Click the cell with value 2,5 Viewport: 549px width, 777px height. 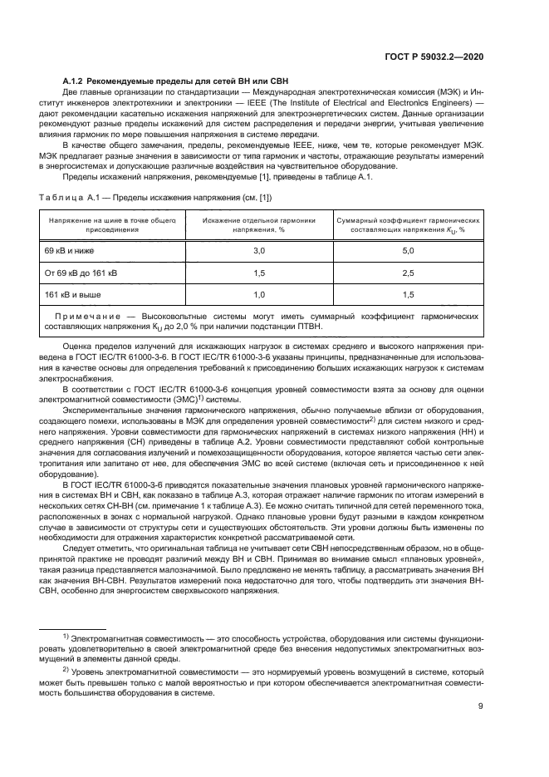(x=407, y=272)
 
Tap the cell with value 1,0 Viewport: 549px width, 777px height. (x=258, y=294)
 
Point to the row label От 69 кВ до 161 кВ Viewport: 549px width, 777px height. (x=81, y=272)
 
